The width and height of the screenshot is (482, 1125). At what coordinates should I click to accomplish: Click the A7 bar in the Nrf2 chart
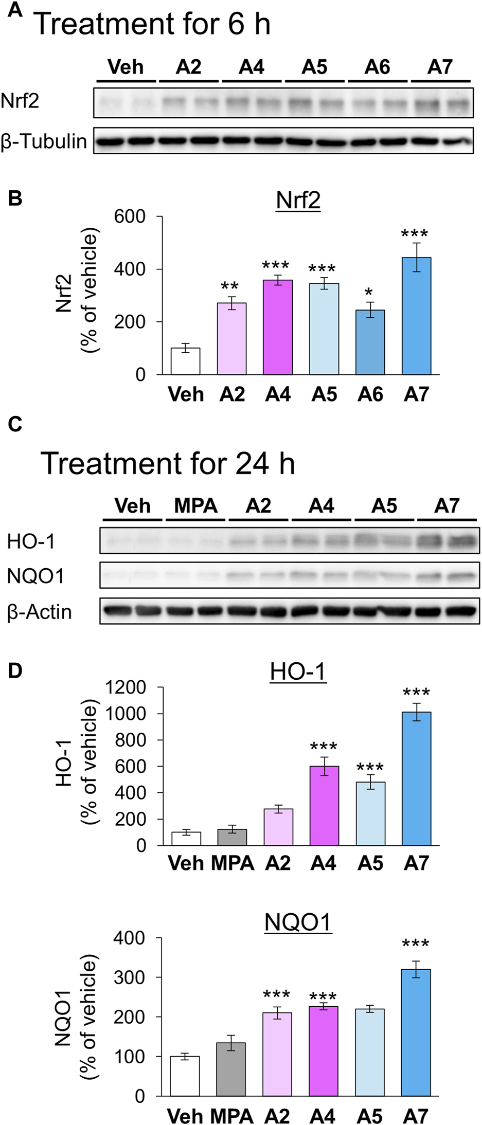click(416, 316)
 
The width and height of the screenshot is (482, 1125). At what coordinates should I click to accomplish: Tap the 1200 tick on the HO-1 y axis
click(126, 687)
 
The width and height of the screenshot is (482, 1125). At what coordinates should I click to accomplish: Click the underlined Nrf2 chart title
click(298, 201)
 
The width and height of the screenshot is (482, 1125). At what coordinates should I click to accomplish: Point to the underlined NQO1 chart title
click(298, 923)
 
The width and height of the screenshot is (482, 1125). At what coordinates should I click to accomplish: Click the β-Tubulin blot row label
click(44, 141)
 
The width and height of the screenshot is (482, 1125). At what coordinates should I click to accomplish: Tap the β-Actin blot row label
click(40, 612)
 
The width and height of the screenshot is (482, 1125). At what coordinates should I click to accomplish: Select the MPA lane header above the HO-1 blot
click(195, 506)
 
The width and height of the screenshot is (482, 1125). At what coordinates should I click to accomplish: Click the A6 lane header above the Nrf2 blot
click(378, 67)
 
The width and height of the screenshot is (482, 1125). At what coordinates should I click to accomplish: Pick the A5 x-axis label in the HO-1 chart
click(370, 863)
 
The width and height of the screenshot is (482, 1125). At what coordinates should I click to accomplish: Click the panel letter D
click(15, 671)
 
